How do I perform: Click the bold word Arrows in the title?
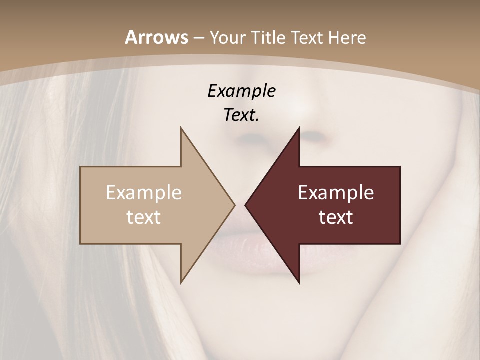(x=156, y=37)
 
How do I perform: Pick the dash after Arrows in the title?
(x=199, y=38)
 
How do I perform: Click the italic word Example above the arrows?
(x=241, y=91)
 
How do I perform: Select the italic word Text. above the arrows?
(x=241, y=115)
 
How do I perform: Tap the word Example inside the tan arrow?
(x=144, y=193)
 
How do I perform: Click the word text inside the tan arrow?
(x=144, y=217)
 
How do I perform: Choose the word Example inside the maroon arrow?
(x=336, y=193)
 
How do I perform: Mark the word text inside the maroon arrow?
(x=336, y=217)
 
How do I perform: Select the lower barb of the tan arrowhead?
(x=181, y=281)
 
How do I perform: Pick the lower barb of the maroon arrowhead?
(x=298, y=281)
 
